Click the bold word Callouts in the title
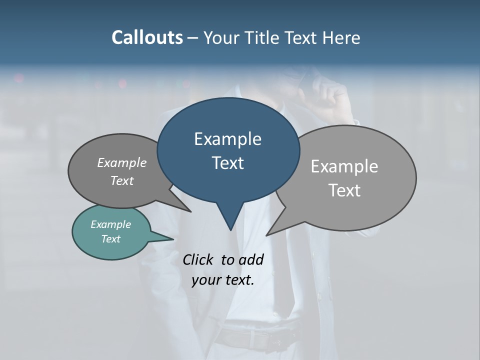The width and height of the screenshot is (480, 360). click(147, 37)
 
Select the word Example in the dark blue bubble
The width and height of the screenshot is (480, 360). click(227, 139)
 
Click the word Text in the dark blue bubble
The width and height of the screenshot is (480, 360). click(227, 163)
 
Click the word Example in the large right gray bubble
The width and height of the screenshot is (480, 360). click(344, 166)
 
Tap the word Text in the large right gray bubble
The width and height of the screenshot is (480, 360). click(344, 190)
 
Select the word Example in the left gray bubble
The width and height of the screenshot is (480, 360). click(122, 163)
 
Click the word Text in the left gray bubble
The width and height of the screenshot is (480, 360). click(122, 181)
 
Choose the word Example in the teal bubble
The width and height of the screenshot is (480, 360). click(110, 224)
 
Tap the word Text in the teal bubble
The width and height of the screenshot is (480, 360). click(110, 239)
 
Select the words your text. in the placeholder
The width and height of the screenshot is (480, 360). click(223, 280)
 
